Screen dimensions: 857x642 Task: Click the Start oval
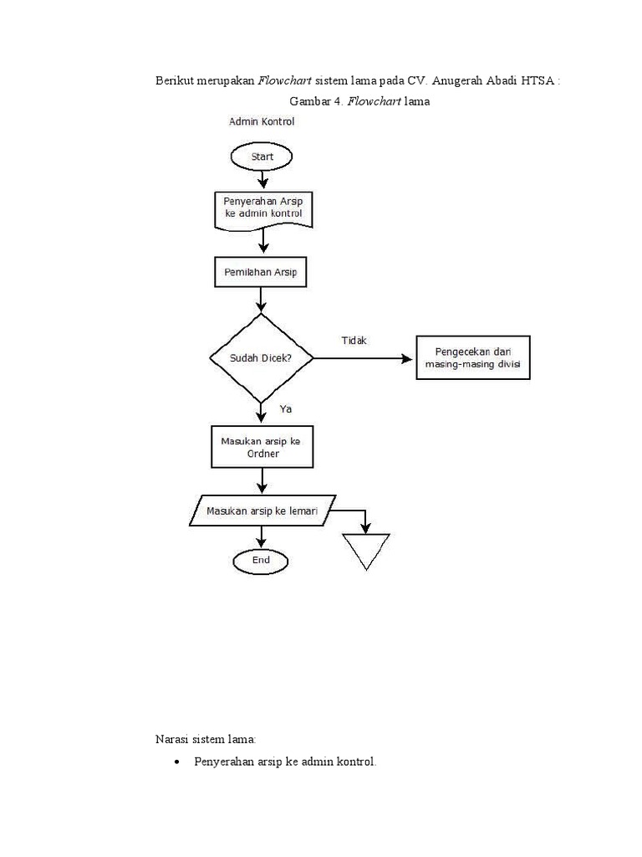262,156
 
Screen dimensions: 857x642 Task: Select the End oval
262,560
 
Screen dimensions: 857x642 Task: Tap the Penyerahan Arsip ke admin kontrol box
263,209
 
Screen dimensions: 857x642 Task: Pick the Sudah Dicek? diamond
262,358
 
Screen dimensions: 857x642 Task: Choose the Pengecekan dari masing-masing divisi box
472,358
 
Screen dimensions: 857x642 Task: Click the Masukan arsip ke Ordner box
262,447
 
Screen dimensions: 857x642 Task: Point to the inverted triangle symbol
366,550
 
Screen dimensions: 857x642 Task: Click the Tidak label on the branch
354,340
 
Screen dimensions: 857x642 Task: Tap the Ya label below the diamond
286,409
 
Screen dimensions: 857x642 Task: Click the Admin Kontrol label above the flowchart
262,121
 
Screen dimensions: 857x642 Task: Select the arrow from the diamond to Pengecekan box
364,358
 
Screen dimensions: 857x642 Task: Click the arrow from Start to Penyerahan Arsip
263,178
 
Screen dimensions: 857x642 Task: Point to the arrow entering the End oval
262,537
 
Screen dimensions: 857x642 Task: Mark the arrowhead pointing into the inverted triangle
366,526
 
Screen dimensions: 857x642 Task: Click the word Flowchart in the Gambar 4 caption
374,102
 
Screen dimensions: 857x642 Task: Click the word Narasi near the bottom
173,739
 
